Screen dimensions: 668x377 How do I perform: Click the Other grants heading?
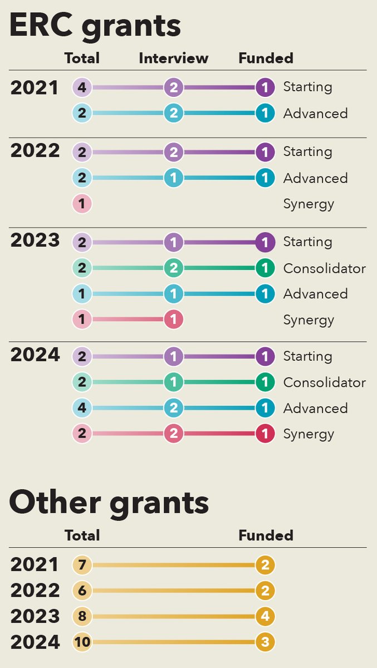coord(109,502)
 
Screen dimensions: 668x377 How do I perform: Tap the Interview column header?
coord(173,58)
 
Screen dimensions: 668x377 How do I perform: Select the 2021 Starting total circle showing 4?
coord(82,87)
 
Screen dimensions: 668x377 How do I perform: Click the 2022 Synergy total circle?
coord(82,204)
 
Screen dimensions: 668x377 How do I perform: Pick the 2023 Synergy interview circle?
coord(173,320)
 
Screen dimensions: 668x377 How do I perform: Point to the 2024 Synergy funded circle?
coord(265,434)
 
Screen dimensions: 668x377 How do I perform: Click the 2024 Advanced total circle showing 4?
coord(82,408)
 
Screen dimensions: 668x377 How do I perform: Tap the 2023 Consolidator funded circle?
coord(265,268)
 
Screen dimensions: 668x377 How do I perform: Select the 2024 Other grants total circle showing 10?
coord(82,642)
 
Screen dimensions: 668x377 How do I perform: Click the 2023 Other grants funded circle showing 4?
coord(265,616)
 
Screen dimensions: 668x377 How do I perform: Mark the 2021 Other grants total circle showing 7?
coord(82,565)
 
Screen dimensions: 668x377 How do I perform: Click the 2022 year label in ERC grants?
coord(35,151)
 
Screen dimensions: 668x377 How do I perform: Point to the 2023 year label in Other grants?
coord(35,616)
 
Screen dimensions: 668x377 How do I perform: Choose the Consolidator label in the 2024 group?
coord(324,382)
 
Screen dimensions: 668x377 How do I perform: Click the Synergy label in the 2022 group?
coord(309,204)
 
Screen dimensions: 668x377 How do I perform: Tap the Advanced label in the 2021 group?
coord(315,114)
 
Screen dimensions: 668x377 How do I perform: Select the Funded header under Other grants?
coord(266,536)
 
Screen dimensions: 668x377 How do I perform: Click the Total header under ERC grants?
coord(82,58)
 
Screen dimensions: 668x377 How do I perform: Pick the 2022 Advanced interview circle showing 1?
coord(173,178)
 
